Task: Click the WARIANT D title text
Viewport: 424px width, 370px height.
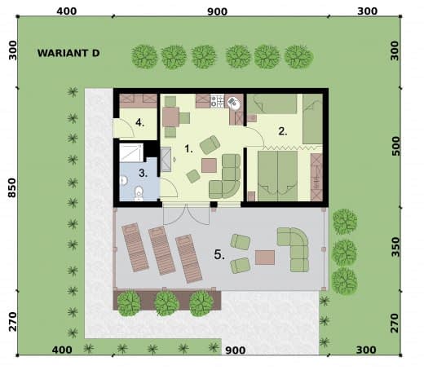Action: tap(68, 53)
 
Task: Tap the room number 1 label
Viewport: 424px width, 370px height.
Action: tap(188, 148)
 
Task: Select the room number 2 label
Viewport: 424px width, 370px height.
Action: tap(283, 131)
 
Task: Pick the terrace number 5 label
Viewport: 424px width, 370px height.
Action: tap(219, 254)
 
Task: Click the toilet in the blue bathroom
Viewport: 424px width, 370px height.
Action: tap(139, 193)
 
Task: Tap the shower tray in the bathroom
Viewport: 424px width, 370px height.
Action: tap(131, 153)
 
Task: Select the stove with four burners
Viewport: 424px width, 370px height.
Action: tap(218, 101)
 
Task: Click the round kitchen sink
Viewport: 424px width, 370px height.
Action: tap(234, 103)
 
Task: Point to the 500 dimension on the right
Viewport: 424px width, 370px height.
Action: tap(396, 146)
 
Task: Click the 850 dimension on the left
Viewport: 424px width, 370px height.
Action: tap(12, 188)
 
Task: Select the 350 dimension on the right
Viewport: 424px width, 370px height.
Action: tap(395, 247)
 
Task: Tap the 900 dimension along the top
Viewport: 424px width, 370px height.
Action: tap(217, 11)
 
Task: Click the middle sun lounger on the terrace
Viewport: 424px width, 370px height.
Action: tap(161, 250)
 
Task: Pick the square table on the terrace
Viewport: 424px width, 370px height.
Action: tap(265, 258)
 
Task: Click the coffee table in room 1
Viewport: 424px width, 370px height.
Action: tap(209, 165)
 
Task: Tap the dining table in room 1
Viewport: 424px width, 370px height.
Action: tap(170, 117)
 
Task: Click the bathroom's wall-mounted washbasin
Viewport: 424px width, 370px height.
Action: tap(124, 180)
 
